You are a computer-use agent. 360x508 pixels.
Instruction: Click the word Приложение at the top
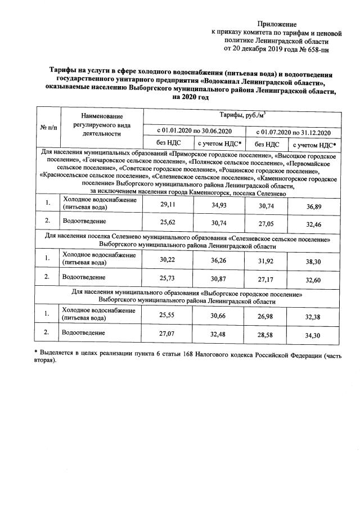coord(276,24)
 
